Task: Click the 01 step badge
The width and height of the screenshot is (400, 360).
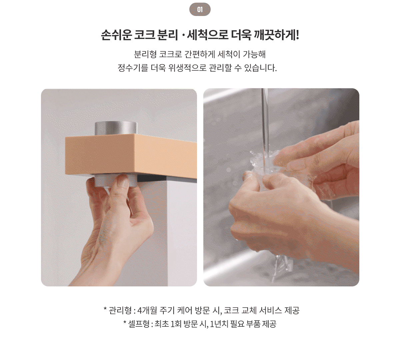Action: [x=200, y=9]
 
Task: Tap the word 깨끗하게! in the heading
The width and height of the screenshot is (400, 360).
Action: [x=277, y=35]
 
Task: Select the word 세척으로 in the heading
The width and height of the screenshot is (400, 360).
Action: [x=207, y=35]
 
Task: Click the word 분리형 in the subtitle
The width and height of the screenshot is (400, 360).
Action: [x=145, y=54]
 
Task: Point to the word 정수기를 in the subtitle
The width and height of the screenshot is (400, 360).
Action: [x=133, y=68]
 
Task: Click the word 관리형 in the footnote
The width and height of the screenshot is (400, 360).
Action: [x=120, y=310]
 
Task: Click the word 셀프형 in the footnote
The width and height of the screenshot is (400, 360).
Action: [x=139, y=324]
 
